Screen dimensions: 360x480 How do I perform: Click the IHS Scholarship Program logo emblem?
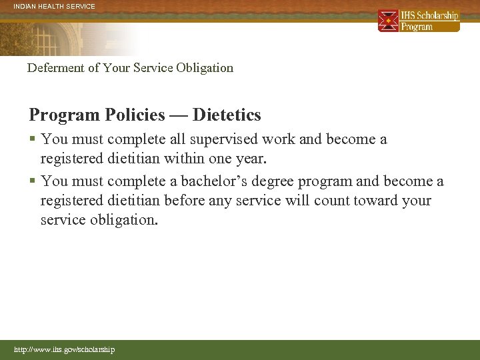point(388,21)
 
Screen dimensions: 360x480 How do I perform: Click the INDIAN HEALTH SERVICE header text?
point(55,7)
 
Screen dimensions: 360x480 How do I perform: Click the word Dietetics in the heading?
point(227,115)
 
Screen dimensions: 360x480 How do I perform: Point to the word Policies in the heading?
point(133,115)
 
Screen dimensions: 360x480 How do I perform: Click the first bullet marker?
point(33,140)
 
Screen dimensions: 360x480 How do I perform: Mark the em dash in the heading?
point(178,115)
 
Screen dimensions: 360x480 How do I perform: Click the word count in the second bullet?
point(309,201)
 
